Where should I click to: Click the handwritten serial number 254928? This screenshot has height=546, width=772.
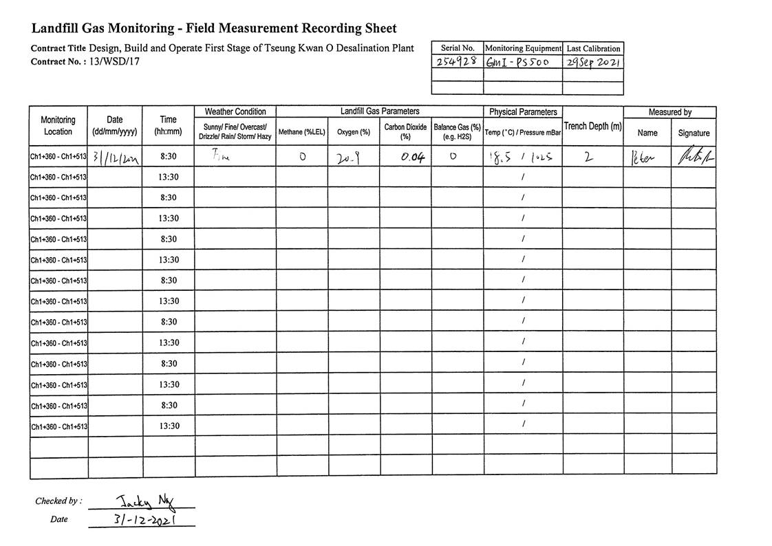pyautogui.click(x=457, y=62)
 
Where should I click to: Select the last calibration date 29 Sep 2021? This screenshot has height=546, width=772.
pyautogui.click(x=592, y=62)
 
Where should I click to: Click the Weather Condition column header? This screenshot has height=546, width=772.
pyautogui.click(x=235, y=111)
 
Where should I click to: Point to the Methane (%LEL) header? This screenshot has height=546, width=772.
pyautogui.click(x=301, y=132)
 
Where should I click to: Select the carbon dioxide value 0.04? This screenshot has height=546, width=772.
pyautogui.click(x=412, y=157)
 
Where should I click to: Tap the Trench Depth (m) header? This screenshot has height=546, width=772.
pyautogui.click(x=592, y=126)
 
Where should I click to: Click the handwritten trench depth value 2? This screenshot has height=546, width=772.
pyautogui.click(x=588, y=157)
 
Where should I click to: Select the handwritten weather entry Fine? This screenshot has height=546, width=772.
pyautogui.click(x=220, y=155)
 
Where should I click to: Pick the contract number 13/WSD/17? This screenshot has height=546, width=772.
pyautogui.click(x=114, y=61)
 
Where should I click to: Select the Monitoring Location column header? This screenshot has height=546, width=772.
pyautogui.click(x=58, y=126)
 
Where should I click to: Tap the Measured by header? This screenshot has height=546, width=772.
pyautogui.click(x=669, y=111)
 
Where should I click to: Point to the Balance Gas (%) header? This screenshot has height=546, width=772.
pyautogui.click(x=457, y=132)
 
